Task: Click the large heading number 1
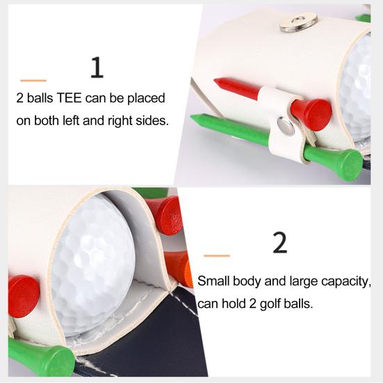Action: [x=97, y=68]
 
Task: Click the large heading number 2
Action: [x=279, y=243]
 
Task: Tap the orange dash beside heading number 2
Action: [x=216, y=255]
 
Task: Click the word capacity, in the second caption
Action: [x=344, y=282]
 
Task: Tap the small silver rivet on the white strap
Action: [x=285, y=125]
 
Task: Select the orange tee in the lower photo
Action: [x=178, y=268]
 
